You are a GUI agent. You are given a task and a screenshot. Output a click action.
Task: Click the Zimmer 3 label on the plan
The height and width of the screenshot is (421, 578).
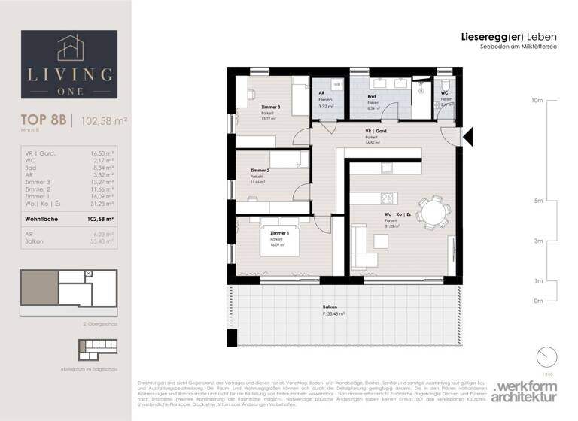point(270,107)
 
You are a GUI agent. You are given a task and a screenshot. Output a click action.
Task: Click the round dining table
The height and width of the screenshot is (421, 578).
point(432,211)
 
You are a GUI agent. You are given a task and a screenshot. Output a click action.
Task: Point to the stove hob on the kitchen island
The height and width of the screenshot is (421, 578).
point(388,198)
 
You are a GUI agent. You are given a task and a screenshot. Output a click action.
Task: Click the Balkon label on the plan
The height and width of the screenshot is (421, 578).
point(330,308)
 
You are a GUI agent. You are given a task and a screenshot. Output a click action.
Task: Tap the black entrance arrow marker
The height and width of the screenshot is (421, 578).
point(468,136)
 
